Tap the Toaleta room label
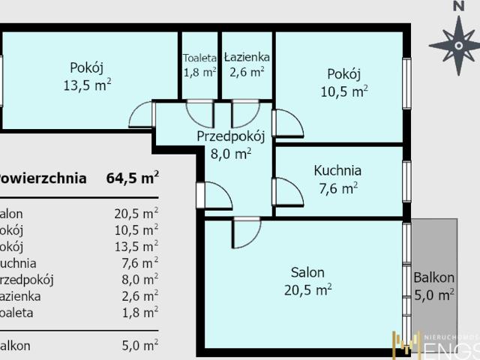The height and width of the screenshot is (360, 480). [x=200, y=57]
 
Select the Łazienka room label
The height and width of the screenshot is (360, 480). [x=247, y=57]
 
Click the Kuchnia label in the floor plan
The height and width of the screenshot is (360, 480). [x=337, y=171]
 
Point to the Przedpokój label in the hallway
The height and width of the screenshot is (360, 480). [x=232, y=136]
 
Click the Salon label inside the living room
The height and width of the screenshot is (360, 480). [x=307, y=272]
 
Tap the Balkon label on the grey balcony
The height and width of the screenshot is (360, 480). [x=434, y=277]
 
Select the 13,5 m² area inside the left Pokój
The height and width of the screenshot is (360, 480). [x=87, y=85]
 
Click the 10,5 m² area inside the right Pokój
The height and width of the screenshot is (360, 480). [x=343, y=92]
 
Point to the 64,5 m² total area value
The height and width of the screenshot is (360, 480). [x=133, y=178]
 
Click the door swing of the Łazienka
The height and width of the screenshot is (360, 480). [x=244, y=112]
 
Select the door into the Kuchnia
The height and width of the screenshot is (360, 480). [x=286, y=192]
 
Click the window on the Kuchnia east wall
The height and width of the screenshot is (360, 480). [x=406, y=181]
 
